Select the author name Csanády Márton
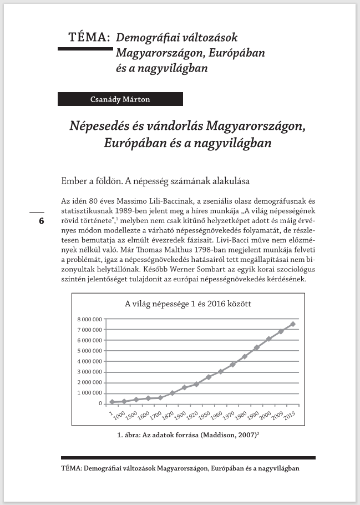click(x=120, y=99)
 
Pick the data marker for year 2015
click(x=293, y=324)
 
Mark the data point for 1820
click(x=173, y=393)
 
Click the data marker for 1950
click(x=209, y=377)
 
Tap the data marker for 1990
click(x=257, y=348)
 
